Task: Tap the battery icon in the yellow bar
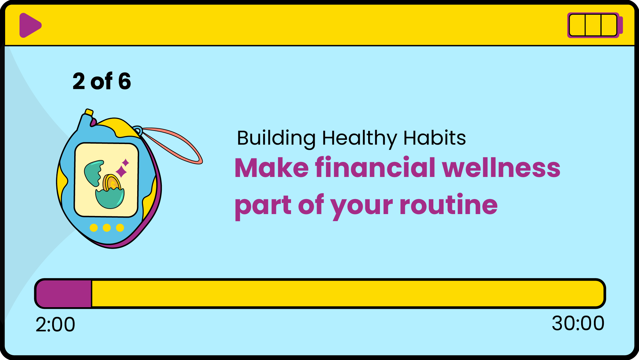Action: tap(595, 25)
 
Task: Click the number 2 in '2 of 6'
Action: tap(79, 81)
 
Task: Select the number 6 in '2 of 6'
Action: tap(124, 81)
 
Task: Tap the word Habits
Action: tap(435, 138)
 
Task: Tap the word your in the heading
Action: tap(362, 207)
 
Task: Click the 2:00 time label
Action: tap(55, 324)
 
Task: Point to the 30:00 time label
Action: tap(578, 323)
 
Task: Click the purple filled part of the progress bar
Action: tap(64, 294)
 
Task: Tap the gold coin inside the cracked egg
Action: tap(112, 183)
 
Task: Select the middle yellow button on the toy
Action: tap(107, 228)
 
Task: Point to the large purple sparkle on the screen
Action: tap(121, 171)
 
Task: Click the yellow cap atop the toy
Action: tap(89, 112)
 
